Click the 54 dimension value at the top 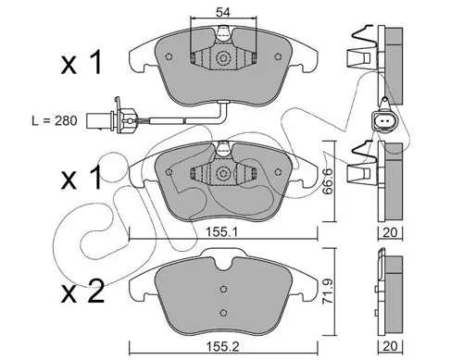click(x=223, y=12)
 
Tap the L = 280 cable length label click(x=55, y=120)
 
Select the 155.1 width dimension click(x=222, y=232)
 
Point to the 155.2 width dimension click(x=223, y=347)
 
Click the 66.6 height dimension click(x=328, y=181)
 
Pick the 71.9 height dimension click(x=328, y=292)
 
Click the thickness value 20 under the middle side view click(x=390, y=232)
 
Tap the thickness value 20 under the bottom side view click(x=390, y=346)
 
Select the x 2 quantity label click(x=82, y=292)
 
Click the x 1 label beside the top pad click(x=81, y=63)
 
